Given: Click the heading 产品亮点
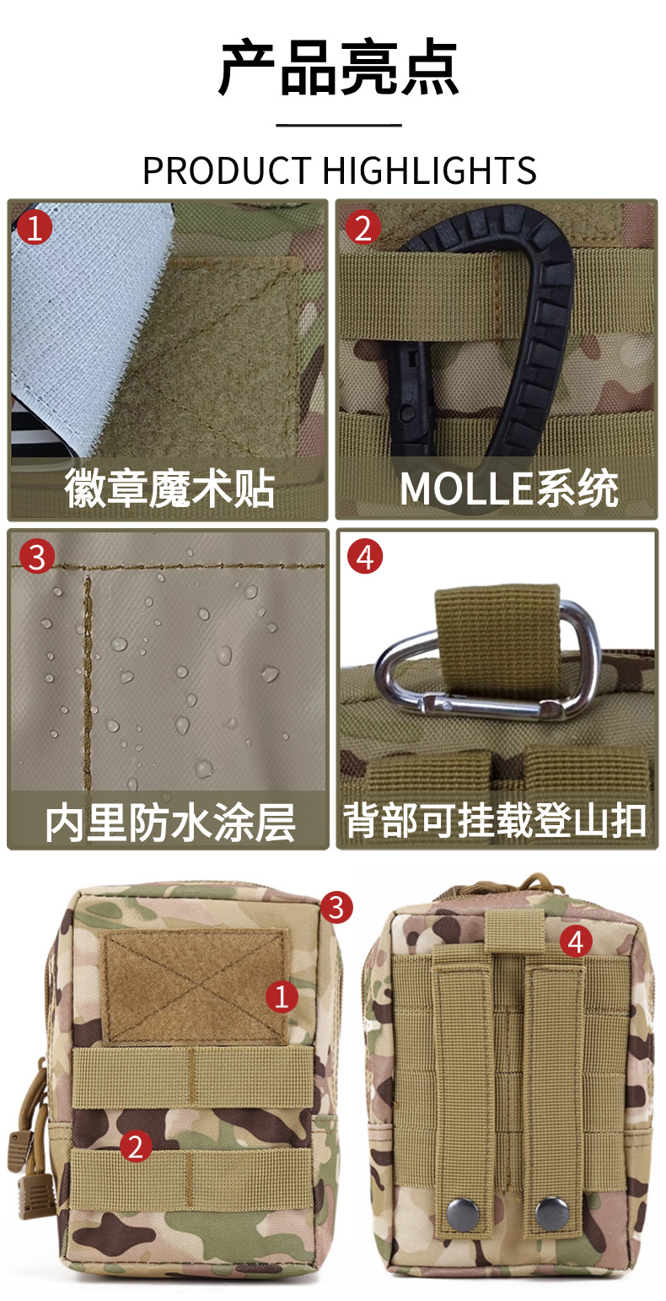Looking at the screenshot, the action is [x=338, y=68].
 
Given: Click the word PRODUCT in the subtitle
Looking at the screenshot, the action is [x=227, y=170].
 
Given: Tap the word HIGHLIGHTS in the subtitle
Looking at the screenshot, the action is [x=429, y=170].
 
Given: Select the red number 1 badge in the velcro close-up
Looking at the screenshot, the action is [x=35, y=227].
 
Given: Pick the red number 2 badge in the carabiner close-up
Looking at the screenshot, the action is [x=363, y=227].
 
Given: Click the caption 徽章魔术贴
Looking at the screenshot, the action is [x=169, y=489].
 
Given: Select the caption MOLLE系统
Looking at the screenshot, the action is [x=509, y=489].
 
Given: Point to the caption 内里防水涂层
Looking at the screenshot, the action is [x=170, y=822].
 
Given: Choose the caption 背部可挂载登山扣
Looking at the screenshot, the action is [x=495, y=820].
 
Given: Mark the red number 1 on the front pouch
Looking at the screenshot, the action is [x=282, y=996].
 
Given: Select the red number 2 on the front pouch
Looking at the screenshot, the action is [x=136, y=1146].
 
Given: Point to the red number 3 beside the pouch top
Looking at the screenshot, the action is [x=336, y=907].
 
